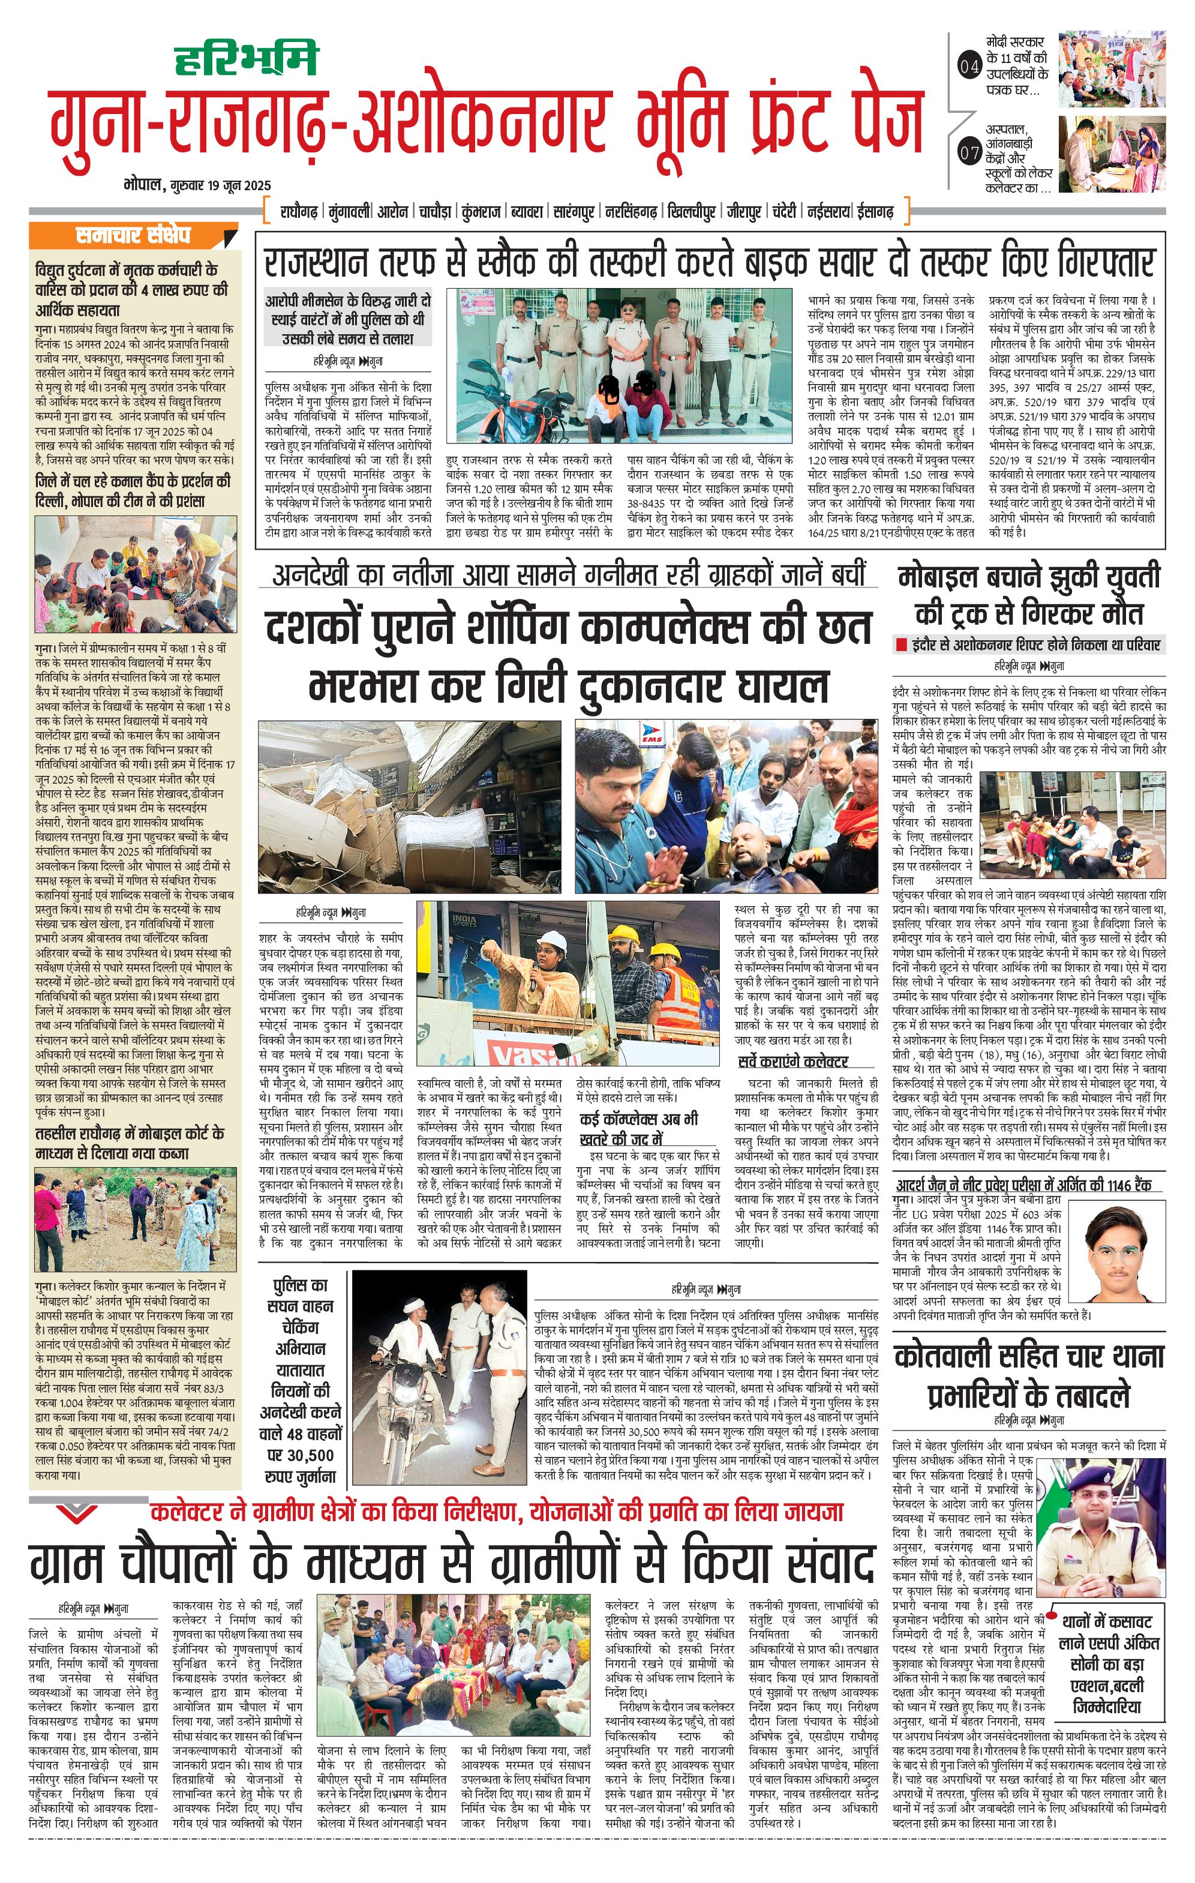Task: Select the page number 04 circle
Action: pyautogui.click(x=969, y=67)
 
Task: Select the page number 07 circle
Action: pyautogui.click(x=969, y=152)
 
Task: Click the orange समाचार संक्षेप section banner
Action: pyautogui.click(x=133, y=235)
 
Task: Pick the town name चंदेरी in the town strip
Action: pyautogui.click(x=784, y=212)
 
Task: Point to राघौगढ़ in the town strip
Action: pyautogui.click(x=299, y=212)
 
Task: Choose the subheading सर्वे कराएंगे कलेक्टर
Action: pyautogui.click(x=792, y=1061)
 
